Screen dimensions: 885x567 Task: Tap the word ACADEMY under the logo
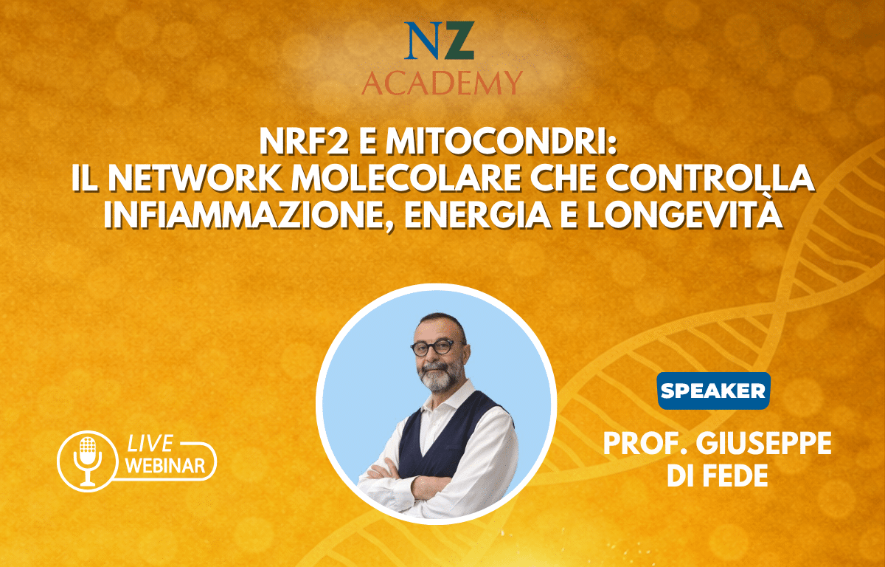click(442, 83)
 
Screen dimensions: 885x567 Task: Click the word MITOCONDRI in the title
click(502, 142)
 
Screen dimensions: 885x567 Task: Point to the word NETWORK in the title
click(195, 179)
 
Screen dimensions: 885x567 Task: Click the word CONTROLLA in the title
click(710, 179)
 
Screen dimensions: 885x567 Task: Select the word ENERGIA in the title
click(478, 216)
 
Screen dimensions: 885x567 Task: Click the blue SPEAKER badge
click(714, 391)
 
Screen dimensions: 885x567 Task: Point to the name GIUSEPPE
click(764, 444)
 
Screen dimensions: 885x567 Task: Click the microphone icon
click(87, 461)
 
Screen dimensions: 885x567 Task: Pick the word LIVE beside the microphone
click(150, 443)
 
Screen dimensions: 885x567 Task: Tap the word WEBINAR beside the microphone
click(165, 465)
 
